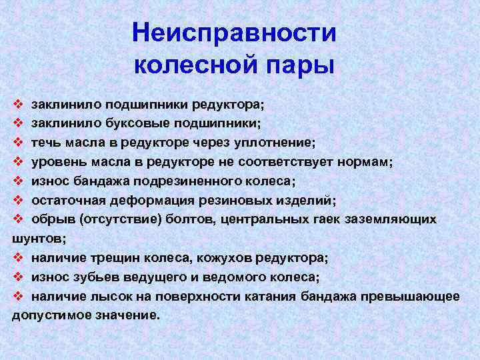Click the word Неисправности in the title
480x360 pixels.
pyautogui.click(x=234, y=33)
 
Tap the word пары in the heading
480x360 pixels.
pyautogui.click(x=300, y=65)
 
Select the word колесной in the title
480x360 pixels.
pyautogui.click(x=195, y=64)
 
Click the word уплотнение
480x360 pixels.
pyautogui.click(x=274, y=143)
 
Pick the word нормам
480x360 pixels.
pyautogui.click(x=365, y=162)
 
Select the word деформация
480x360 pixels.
pyautogui.click(x=152, y=201)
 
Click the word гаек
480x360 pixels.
pyautogui.click(x=327, y=219)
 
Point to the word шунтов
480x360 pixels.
pyautogui.click(x=39, y=239)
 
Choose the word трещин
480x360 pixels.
pyautogui.click(x=115, y=259)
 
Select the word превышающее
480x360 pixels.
pyautogui.click(x=410, y=297)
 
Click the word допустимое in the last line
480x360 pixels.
pyautogui.click(x=51, y=315)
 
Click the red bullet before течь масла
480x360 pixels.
pyautogui.click(x=18, y=142)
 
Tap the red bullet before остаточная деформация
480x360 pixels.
pyautogui.click(x=18, y=200)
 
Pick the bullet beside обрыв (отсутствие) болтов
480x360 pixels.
pyautogui.click(x=18, y=219)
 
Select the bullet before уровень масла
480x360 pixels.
pyautogui.click(x=18, y=161)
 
